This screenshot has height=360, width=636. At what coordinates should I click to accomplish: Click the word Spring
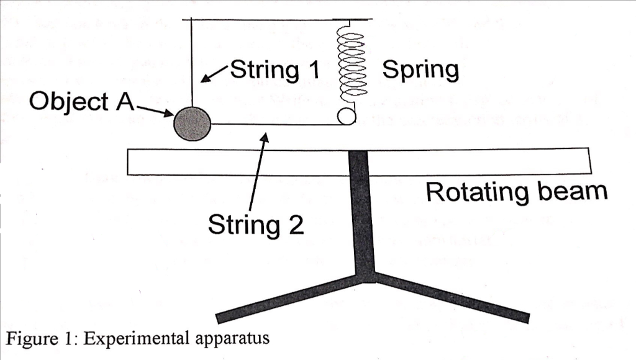[420, 70]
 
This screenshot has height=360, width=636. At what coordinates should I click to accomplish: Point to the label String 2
[256, 224]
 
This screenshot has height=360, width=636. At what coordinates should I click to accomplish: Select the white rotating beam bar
[248, 161]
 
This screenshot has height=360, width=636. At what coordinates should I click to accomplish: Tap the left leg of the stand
[286, 299]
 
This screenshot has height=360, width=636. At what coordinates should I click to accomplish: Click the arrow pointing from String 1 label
[215, 72]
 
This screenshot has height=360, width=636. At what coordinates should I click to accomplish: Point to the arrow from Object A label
[154, 110]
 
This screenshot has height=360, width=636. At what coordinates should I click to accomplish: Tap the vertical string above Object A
[191, 62]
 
